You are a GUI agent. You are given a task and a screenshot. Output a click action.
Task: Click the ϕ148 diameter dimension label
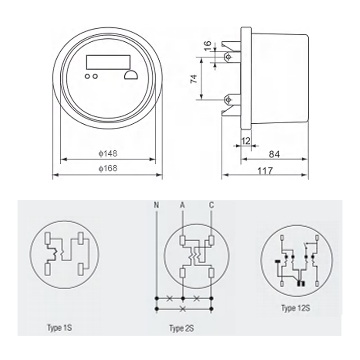click(108, 153)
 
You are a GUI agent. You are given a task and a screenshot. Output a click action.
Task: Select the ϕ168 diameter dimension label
click(108, 168)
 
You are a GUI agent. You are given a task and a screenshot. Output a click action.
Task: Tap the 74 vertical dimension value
click(194, 79)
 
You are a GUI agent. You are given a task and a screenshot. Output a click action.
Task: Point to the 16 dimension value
click(207, 46)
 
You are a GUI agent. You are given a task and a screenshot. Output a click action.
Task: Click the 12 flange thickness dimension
click(246, 141)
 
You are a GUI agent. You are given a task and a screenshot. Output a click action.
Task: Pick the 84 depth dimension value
click(274, 154)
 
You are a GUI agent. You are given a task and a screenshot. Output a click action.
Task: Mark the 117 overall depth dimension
click(265, 171)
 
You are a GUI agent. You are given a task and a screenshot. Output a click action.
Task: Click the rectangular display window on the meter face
click(108, 62)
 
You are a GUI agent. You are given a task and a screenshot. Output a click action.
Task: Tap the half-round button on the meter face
click(131, 75)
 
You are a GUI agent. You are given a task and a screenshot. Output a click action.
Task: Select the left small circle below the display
click(87, 76)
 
